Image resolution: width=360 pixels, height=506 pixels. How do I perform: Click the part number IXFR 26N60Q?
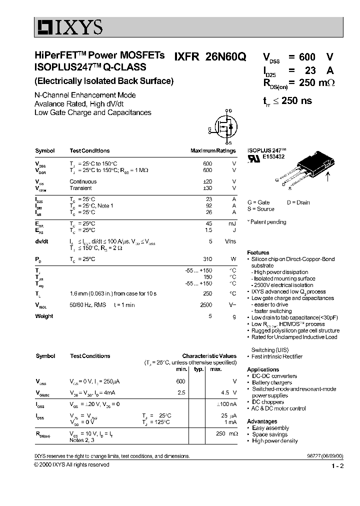coord(210,57)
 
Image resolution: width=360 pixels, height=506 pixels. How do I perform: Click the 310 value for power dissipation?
coord(207,259)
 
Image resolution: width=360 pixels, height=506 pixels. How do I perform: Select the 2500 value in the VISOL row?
coord(206,304)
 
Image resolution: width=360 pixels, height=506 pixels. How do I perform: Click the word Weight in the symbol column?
coord(44,316)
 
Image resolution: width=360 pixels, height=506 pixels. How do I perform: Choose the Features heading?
coord(258,252)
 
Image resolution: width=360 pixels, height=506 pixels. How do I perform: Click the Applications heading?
coord(263,369)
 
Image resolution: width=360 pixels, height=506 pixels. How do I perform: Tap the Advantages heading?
coord(262,421)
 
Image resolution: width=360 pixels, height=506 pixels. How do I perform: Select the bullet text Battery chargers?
coord(272,382)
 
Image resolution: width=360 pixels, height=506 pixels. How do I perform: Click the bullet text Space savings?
coord(270,434)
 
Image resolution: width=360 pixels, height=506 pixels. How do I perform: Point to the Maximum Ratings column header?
coord(213,150)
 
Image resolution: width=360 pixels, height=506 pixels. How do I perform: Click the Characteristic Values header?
coord(209,356)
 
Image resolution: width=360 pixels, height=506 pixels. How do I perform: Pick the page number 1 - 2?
coord(337,466)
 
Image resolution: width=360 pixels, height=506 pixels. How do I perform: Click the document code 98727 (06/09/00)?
coord(325,456)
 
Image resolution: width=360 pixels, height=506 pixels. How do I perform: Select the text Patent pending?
coord(268,222)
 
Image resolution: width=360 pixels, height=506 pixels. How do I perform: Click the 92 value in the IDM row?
coord(209,205)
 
